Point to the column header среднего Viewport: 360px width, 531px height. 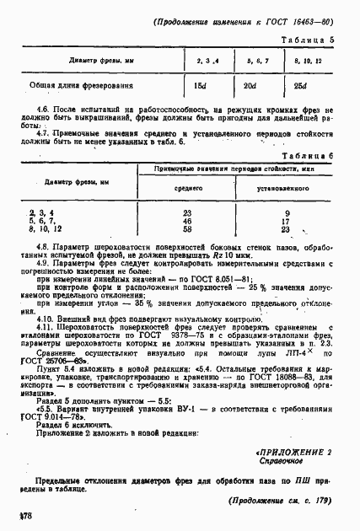click(x=187, y=190)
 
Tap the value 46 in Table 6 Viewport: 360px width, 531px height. click(x=187, y=222)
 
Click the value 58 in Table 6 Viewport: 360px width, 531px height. click(x=187, y=229)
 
